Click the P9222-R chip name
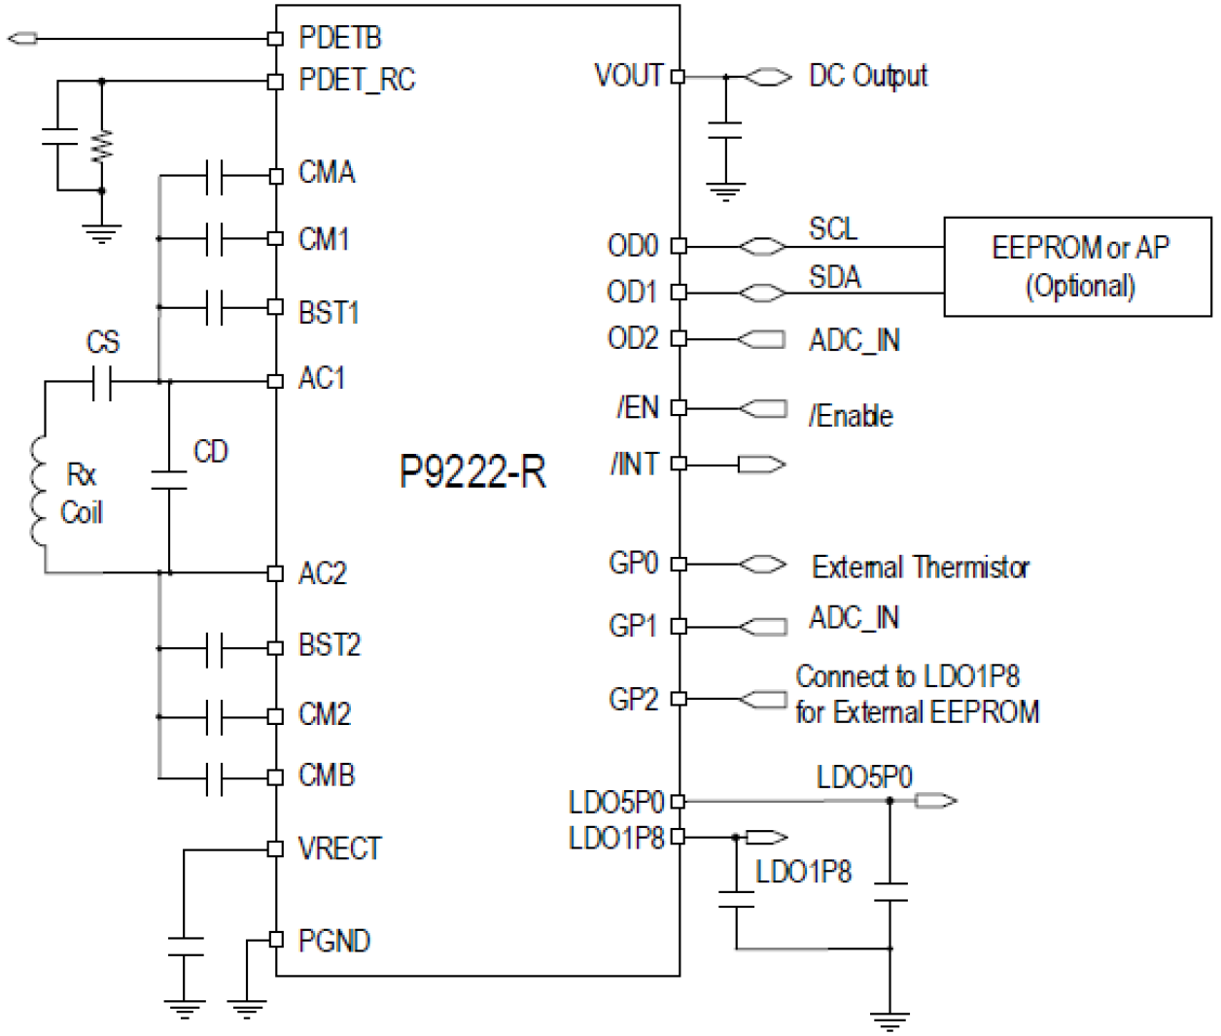pyautogui.click(x=472, y=472)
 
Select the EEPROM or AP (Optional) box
pyautogui.click(x=1078, y=266)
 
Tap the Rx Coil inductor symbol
pyautogui.click(x=39, y=492)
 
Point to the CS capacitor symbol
pyautogui.click(x=102, y=382)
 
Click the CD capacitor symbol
pyautogui.click(x=169, y=479)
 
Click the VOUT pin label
pyautogui.click(x=628, y=76)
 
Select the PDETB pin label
pyautogui.click(x=339, y=38)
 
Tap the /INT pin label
pyautogui.click(x=635, y=465)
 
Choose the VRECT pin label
pyautogui.click(x=339, y=848)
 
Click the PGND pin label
pyautogui.click(x=333, y=941)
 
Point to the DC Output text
pyautogui.click(x=868, y=76)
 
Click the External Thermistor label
pyautogui.click(x=921, y=567)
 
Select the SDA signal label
pyautogui.click(x=834, y=278)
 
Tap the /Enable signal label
pyautogui.click(x=851, y=416)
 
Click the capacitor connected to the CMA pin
pyautogui.click(x=215, y=176)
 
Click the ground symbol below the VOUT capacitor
pyautogui.click(x=724, y=190)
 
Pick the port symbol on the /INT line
pyautogui.click(x=761, y=465)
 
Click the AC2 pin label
pyautogui.click(x=322, y=573)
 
